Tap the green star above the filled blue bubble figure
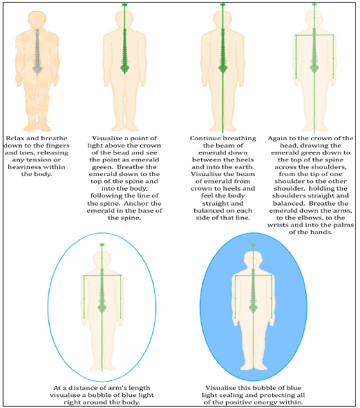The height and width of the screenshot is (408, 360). pos(253,245)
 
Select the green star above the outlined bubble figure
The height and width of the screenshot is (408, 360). pos(102,244)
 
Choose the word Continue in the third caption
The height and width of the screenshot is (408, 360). pos(207,138)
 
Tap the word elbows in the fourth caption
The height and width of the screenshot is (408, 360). pos(311,217)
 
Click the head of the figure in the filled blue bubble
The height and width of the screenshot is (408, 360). pos(253,259)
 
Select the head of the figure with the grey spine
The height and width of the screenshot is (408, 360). pos(37,19)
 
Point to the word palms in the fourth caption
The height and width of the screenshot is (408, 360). pos(344,225)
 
